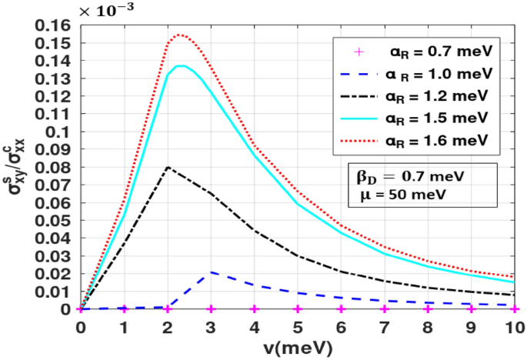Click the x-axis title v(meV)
(296, 348)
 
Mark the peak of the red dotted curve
(179, 35)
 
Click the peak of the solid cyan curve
(181, 66)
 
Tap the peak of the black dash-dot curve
(168, 167)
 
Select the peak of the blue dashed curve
(211, 272)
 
